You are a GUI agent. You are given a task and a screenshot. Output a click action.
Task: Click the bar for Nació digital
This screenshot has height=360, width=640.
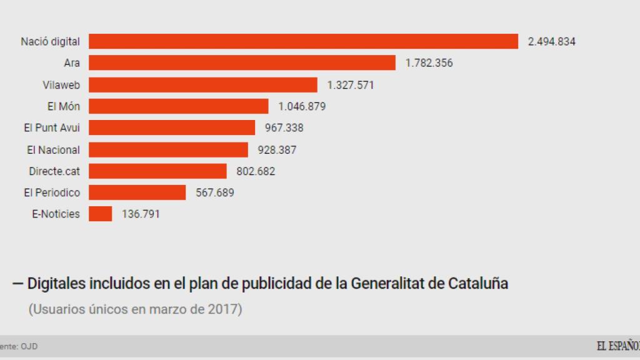[303, 41]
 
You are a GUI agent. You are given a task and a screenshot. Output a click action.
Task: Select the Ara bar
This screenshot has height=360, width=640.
[242, 62]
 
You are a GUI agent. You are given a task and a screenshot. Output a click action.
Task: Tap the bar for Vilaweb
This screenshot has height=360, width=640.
[203, 84]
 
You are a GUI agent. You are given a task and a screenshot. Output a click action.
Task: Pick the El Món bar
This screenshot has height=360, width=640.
[178, 106]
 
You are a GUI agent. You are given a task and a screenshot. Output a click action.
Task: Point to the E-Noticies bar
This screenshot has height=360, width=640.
[100, 214]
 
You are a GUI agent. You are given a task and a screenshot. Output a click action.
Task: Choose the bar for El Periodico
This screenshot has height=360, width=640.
[137, 192]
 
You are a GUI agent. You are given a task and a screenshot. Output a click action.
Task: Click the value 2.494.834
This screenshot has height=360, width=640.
[551, 42]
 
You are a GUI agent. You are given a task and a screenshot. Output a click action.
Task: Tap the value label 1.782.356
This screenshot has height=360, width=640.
[429, 63]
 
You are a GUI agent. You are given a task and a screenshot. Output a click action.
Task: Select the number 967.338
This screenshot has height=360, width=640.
[281, 127]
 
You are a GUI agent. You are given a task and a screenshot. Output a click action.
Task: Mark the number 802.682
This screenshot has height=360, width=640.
[255, 171]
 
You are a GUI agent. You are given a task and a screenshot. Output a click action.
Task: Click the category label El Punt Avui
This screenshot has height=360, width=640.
[52, 127]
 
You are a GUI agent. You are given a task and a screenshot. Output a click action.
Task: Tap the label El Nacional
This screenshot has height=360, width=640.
[53, 149]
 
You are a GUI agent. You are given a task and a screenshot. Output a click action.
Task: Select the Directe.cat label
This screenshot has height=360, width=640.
[54, 171]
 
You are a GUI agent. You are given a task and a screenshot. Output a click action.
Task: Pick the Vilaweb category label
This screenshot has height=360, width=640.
[61, 84]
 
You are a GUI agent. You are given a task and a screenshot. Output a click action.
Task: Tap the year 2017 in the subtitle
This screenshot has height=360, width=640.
[224, 309]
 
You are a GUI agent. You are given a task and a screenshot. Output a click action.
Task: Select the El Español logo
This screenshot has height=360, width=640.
[617, 346]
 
